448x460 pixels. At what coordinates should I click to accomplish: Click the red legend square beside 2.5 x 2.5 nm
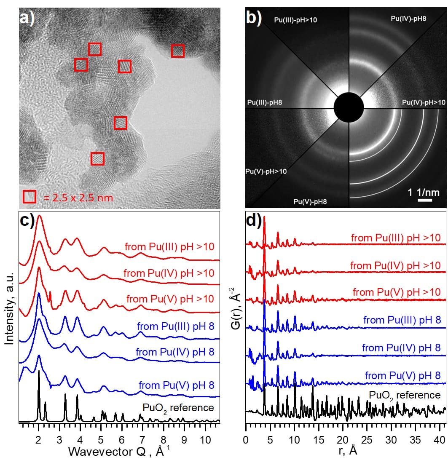pos(30,197)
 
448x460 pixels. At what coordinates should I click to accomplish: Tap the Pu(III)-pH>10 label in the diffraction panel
pos(295,20)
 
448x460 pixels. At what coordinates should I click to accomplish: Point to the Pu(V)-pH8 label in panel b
pos(310,201)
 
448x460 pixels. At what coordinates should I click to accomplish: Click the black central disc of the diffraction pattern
pos(349,107)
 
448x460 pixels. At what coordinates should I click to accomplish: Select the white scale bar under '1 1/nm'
pos(422,200)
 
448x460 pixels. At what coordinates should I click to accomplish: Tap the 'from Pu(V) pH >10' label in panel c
pos(170,299)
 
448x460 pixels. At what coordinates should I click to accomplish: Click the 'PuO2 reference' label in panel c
pos(178,407)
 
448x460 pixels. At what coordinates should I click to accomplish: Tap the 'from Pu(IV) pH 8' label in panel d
pos(401,348)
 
